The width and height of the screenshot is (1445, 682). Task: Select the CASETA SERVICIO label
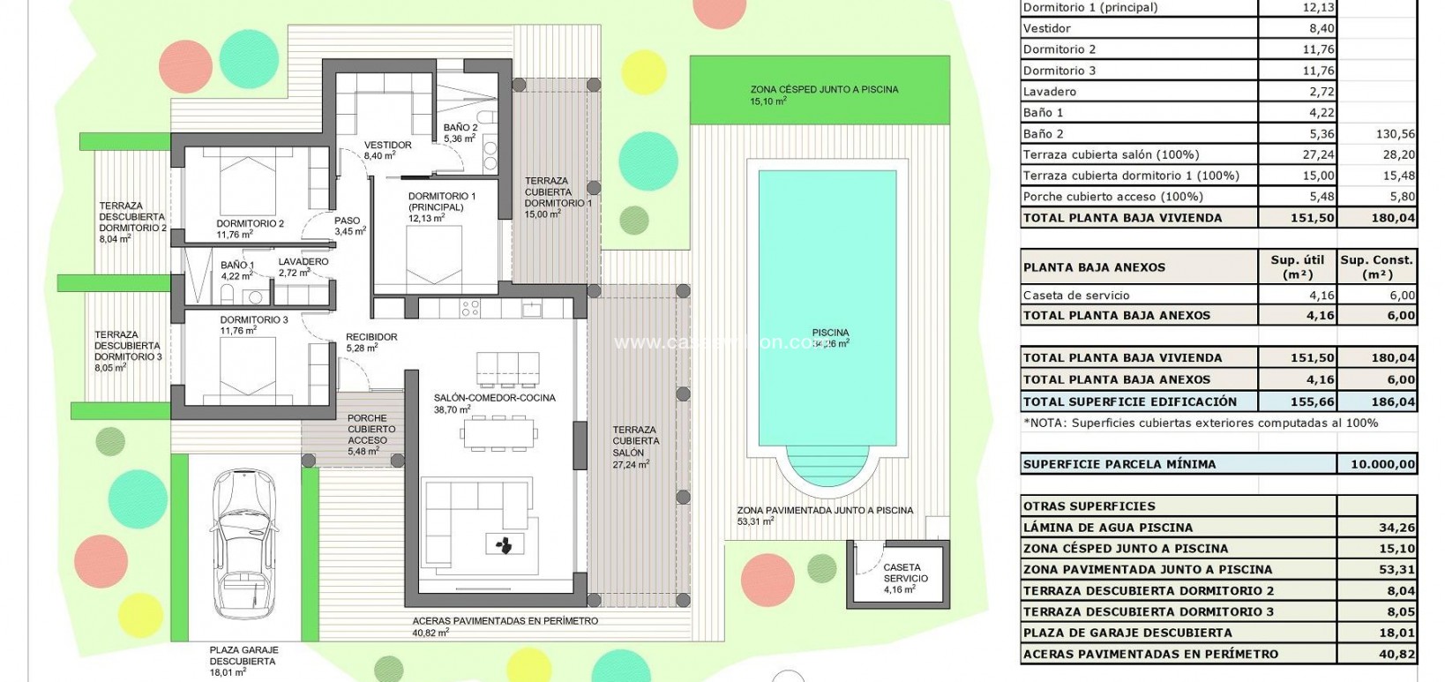[x=902, y=573]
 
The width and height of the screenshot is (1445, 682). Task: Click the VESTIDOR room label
[x=387, y=146]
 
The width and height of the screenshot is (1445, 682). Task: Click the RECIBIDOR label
[x=371, y=337]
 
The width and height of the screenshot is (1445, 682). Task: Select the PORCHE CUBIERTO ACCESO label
[x=367, y=430]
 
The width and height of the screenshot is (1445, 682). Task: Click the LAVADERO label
[x=303, y=262]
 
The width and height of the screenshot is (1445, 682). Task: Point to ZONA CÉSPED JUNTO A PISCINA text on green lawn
[x=824, y=90]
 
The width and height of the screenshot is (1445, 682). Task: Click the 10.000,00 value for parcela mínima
[x=1377, y=464]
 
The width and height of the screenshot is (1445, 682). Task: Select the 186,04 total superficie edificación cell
[x=1377, y=401]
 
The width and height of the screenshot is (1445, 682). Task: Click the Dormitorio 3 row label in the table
[x=1059, y=71]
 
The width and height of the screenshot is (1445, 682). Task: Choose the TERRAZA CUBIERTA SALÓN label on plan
[x=635, y=441]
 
